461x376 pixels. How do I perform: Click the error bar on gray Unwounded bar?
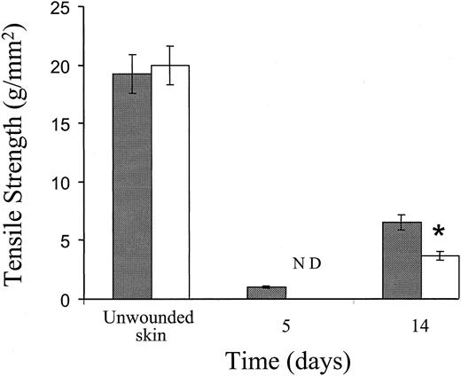131,74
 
